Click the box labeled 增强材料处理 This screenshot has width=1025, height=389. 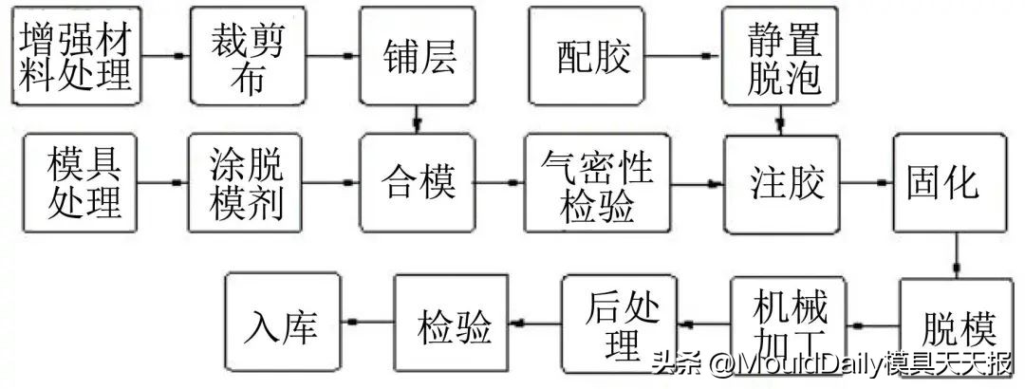pyautogui.click(x=77, y=56)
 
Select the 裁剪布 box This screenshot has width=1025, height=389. pyautogui.click(x=247, y=56)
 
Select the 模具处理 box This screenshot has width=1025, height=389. pyautogui.click(x=83, y=182)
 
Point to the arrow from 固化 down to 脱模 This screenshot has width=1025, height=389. pyautogui.click(x=956, y=254)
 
